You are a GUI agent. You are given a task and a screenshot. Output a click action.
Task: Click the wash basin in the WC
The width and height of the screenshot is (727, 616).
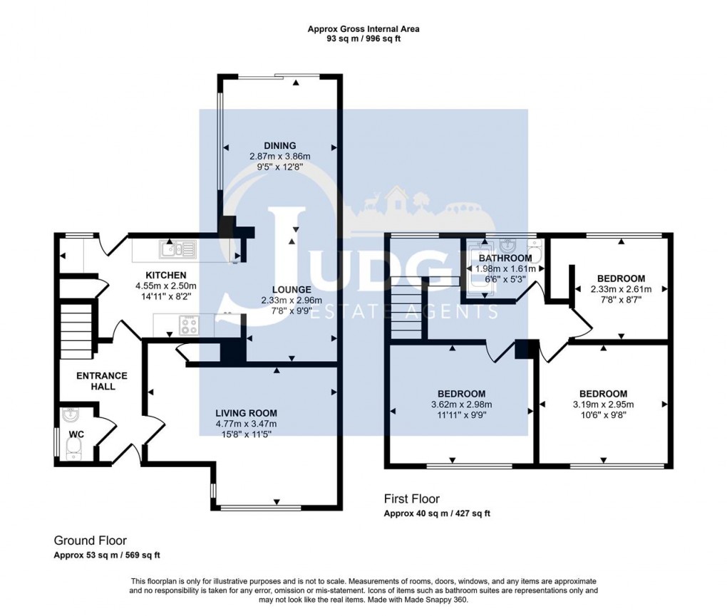click(x=71, y=415)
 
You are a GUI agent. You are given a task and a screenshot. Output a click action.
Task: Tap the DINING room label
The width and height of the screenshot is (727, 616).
click(x=279, y=145)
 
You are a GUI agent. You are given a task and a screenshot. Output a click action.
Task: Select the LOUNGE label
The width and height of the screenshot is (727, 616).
click(x=291, y=290)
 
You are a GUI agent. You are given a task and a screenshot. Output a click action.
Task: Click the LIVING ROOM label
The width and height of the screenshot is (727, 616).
click(x=247, y=413)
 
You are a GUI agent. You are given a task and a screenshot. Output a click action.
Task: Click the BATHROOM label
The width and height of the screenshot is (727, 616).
click(x=505, y=258)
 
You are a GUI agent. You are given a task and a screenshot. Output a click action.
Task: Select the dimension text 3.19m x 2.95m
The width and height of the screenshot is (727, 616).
click(x=603, y=404)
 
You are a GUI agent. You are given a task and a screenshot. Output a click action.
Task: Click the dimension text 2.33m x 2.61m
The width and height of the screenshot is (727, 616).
click(x=621, y=289)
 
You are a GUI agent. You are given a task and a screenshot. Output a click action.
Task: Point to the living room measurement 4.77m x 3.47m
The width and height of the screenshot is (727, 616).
click(x=247, y=424)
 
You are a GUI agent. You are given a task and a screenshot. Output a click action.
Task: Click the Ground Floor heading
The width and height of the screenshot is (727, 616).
click(x=91, y=541)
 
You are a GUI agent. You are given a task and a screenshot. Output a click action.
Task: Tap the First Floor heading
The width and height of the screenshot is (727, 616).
click(x=412, y=499)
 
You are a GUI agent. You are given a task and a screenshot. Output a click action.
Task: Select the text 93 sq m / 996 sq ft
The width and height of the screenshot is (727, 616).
click(x=363, y=39)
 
